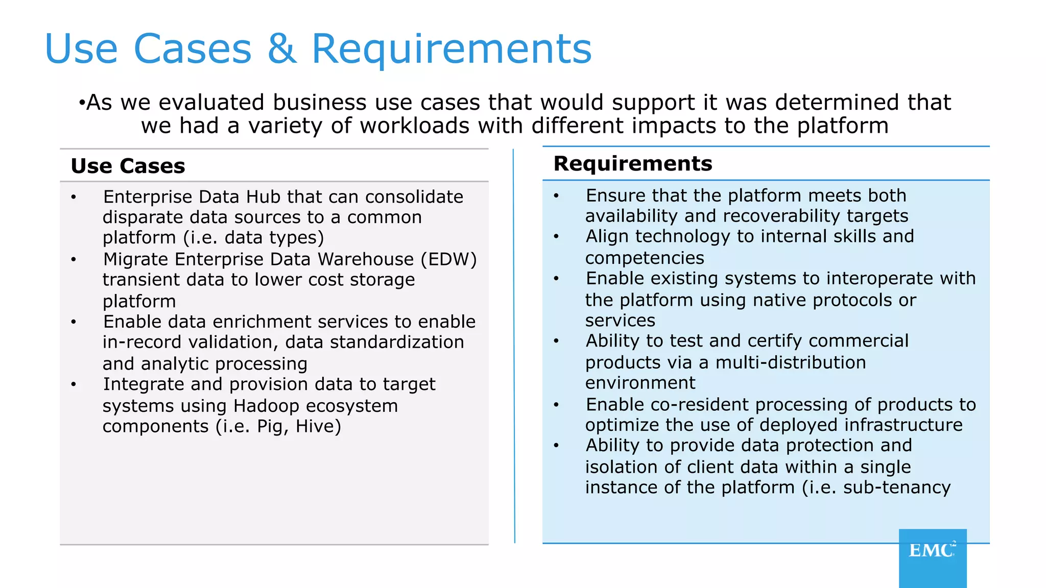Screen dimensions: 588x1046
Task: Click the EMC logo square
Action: (x=933, y=557)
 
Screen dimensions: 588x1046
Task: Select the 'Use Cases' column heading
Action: (x=128, y=166)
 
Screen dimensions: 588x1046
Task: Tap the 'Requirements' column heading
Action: (x=632, y=164)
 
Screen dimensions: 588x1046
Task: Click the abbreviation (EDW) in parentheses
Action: (x=448, y=259)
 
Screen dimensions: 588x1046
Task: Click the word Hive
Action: (x=318, y=426)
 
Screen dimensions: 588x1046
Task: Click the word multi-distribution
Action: (x=791, y=362)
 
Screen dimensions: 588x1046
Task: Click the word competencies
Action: (x=645, y=258)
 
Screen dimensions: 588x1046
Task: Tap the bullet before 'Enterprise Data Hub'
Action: (x=74, y=198)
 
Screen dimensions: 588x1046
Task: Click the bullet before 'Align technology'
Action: (x=556, y=237)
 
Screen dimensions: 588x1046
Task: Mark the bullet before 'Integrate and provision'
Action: (x=74, y=385)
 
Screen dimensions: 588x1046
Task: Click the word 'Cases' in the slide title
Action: (x=193, y=49)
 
